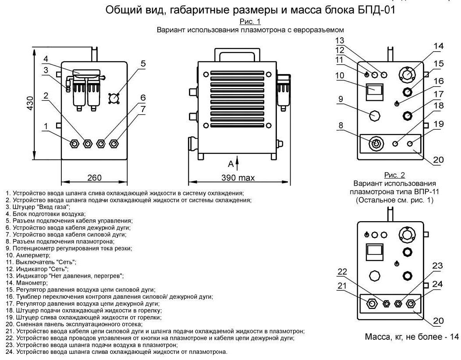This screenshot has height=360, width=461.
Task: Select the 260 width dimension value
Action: pyautogui.click(x=94, y=177)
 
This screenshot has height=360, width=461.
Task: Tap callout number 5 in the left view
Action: pyautogui.click(x=143, y=64)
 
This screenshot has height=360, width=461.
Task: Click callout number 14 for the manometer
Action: pyautogui.click(x=439, y=46)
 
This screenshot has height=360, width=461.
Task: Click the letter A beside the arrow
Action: pyautogui.click(x=230, y=164)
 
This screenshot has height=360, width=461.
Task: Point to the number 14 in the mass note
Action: pyautogui.click(x=454, y=337)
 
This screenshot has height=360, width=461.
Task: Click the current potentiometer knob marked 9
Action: pyautogui.click(x=375, y=116)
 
